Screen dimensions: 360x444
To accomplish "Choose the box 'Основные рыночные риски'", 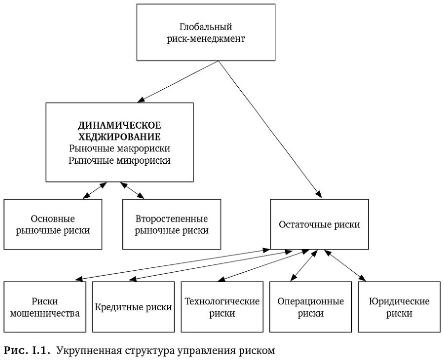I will click(53, 224).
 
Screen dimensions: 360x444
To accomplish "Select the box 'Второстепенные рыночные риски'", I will click(172, 224).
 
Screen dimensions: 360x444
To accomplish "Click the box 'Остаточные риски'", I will click(319, 224).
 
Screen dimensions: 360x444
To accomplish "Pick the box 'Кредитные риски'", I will click(133, 307).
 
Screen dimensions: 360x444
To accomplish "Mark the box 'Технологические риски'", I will click(222, 307).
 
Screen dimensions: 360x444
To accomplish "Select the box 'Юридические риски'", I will click(399, 307).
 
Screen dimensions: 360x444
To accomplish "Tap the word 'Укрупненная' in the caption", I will click(83, 351).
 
